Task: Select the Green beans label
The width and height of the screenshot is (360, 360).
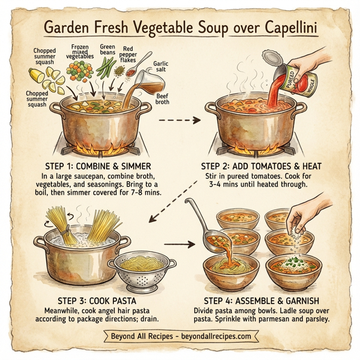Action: tap(107, 49)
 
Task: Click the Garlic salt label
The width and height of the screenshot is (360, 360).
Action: tap(161, 67)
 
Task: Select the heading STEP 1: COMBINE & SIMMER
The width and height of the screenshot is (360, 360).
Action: tap(96, 166)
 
